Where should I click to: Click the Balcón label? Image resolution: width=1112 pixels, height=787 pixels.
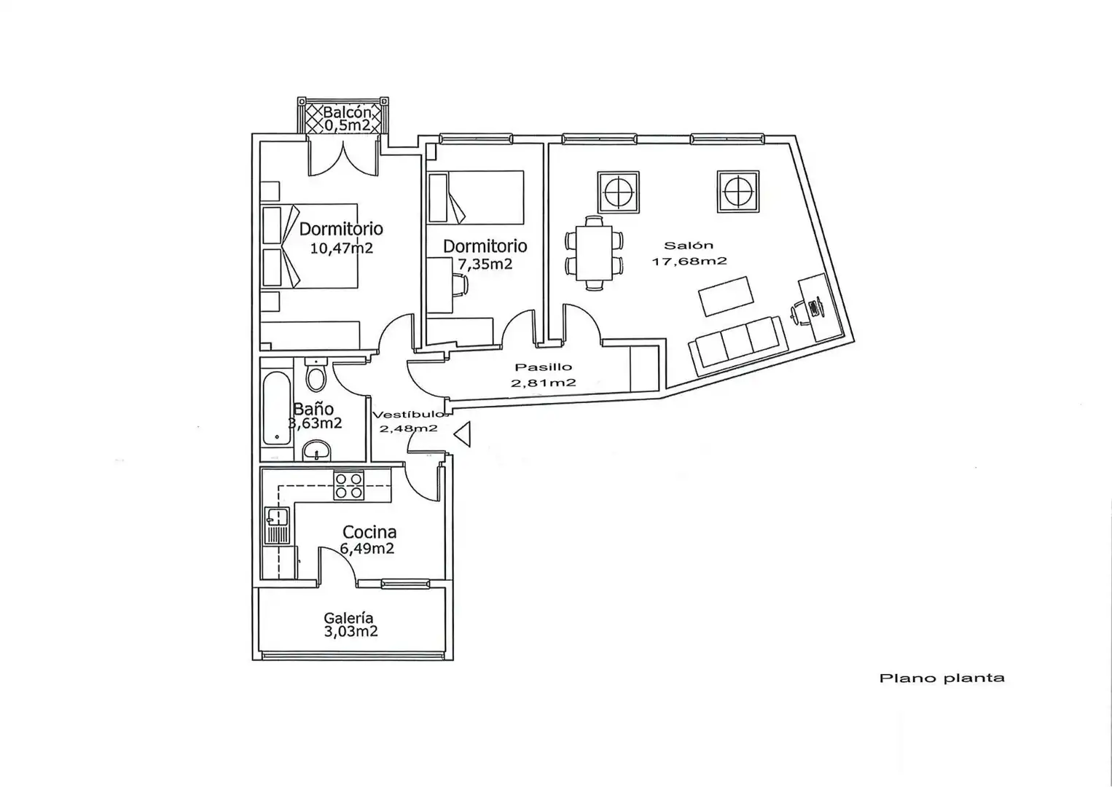[x=347, y=111]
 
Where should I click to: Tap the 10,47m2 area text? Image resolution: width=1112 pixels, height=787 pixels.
[x=342, y=248]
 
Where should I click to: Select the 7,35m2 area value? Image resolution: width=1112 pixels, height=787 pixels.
[x=485, y=264]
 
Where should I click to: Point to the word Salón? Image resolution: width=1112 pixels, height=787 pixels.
[x=689, y=246]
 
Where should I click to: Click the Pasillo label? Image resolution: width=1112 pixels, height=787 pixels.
[x=543, y=367]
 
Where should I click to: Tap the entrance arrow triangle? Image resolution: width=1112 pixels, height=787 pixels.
[x=462, y=434]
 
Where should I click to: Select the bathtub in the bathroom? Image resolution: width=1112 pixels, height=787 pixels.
[x=276, y=409]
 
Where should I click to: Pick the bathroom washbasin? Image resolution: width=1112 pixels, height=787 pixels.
[x=317, y=451]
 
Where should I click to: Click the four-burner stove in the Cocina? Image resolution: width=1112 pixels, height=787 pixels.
[x=348, y=485]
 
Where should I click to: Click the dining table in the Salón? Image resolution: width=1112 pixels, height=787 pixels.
[x=594, y=254]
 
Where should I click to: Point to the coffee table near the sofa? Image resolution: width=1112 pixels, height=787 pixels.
[x=726, y=296]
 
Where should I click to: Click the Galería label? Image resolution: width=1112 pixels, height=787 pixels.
[x=348, y=618]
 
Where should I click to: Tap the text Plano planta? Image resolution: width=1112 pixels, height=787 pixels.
[x=941, y=678]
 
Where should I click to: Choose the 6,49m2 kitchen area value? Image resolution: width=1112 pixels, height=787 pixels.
[x=367, y=548]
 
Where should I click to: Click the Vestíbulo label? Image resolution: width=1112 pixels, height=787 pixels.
[x=410, y=415]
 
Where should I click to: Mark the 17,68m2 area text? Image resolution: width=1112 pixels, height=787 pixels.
[x=689, y=261]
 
